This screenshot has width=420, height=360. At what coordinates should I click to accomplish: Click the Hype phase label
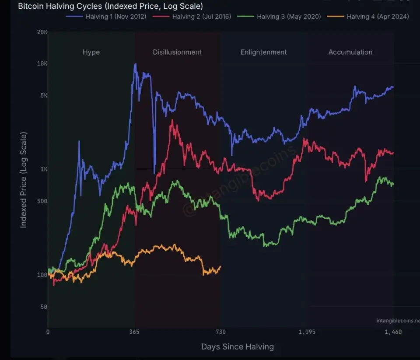point(91,52)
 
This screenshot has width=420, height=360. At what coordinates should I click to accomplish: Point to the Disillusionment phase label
point(177,52)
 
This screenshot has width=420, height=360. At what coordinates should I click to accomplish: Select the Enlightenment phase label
point(263,52)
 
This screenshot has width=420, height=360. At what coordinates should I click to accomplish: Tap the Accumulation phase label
point(350,52)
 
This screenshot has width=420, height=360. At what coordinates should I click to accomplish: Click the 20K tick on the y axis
point(42,32)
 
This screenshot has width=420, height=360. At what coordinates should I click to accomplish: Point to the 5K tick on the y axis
point(43,96)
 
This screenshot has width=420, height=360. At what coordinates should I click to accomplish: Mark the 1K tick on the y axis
point(43,169)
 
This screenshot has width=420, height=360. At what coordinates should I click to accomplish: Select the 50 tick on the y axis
point(43,307)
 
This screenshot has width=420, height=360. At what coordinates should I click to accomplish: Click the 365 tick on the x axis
point(134,332)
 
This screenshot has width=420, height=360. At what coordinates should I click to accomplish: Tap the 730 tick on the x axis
point(220,332)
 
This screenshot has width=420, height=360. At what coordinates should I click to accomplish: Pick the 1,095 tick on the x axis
point(307,332)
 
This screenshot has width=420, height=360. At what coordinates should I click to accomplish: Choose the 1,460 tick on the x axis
point(393,332)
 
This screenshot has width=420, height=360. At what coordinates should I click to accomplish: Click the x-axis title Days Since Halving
point(238,347)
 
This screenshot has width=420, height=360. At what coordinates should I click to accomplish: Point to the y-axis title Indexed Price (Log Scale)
point(24,179)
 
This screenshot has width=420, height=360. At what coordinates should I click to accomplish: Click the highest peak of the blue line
point(135,64)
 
